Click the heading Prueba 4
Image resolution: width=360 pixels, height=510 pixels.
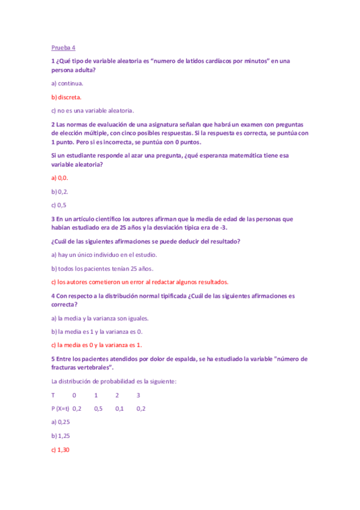coord(63,47)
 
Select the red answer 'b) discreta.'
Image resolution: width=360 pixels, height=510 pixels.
coord(67,97)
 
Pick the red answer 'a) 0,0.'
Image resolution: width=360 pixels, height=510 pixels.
coord(60,178)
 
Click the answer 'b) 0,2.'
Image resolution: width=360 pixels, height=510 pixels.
coord(60,191)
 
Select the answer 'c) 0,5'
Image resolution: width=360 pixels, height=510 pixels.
coord(59,205)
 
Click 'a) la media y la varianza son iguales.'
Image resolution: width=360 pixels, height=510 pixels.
coord(100,318)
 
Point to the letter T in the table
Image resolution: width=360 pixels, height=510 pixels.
coord(53,395)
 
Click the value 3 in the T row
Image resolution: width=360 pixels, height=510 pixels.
coord(138,395)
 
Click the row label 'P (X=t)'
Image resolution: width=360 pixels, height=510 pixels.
coord(60,408)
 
